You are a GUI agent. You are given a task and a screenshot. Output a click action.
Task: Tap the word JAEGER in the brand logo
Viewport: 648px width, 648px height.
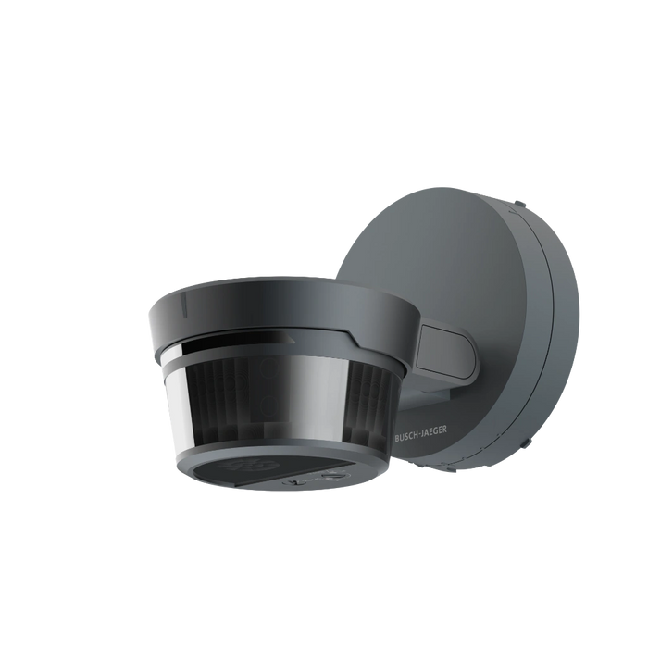(432, 430)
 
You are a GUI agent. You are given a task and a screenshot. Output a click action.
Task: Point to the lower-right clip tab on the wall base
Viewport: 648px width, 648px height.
(525, 442)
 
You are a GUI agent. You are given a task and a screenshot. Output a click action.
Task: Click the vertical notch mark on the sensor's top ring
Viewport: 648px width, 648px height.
(185, 301)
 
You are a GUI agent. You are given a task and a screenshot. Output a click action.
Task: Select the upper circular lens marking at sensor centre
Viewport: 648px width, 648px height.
(269, 367)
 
